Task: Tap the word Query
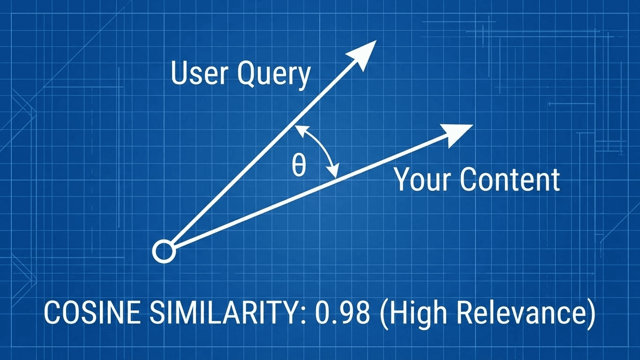[274, 75]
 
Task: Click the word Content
[510, 180]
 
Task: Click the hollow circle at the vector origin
[164, 252]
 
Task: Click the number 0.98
[342, 313]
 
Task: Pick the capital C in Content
[468, 180]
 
